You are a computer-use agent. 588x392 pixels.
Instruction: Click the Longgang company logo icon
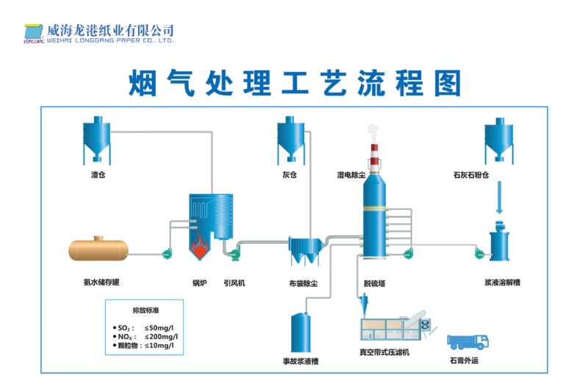[x=33, y=33]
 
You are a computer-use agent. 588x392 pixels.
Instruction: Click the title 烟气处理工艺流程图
[x=294, y=84]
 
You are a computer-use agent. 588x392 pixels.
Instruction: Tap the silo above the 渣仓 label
[x=96, y=141]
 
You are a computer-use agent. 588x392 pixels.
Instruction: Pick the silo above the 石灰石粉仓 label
[x=498, y=142]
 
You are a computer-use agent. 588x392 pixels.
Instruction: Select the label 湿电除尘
[x=351, y=175]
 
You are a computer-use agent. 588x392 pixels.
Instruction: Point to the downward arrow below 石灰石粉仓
[x=499, y=197]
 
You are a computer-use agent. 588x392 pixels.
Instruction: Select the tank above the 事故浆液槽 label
[x=301, y=332]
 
